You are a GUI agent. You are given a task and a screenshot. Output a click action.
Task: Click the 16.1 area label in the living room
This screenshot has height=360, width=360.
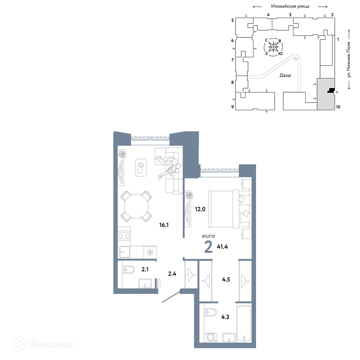coord(164,225)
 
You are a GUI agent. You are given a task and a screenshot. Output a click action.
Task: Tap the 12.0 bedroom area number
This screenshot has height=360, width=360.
coord(200,209)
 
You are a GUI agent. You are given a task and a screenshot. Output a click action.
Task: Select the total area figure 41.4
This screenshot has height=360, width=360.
coord(222,247)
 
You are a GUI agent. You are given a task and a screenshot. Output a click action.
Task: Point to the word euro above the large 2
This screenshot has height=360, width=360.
coord(208,236)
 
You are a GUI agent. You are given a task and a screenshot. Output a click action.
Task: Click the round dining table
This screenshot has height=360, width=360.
coord(136,206)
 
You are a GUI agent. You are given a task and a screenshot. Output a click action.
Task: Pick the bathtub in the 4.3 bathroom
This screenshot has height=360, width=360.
coord(244,324)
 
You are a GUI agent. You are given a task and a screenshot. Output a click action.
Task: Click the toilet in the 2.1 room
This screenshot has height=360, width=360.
coord(129,269)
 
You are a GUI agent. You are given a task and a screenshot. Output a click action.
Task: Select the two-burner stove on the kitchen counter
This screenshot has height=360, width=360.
coord(124,235)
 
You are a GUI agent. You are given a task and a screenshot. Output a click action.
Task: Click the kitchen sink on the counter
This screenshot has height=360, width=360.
coord(124,252)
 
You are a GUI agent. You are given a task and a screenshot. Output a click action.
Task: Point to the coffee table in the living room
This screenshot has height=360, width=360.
coord(141,168)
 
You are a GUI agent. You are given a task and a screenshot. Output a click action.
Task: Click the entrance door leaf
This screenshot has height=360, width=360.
coord(171,296)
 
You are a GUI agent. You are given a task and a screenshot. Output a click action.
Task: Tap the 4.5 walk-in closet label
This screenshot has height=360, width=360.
coord(226,279)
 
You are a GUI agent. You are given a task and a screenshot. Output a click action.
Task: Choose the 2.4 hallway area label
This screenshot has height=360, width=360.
coord(172,274)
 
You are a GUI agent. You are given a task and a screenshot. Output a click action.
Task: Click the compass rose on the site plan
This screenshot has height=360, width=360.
coord(273,47)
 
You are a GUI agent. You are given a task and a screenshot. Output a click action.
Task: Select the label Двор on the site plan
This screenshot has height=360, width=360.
coord(285,75)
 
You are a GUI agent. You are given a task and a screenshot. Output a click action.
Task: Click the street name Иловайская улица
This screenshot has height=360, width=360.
coord(290,6)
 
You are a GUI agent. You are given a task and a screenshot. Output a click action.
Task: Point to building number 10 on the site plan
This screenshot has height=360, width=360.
coord(338,107)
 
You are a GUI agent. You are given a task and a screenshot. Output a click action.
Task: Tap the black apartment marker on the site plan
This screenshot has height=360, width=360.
coord(331,90)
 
